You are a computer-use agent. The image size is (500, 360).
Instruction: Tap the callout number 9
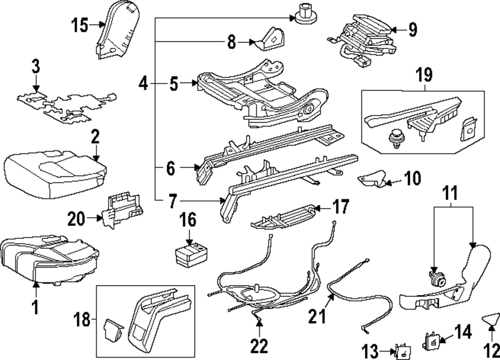click(411, 29)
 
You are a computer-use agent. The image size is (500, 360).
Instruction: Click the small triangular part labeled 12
click(492, 318)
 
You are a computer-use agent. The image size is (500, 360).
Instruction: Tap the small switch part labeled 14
click(431, 340)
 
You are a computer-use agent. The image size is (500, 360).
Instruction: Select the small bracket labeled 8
click(269, 38)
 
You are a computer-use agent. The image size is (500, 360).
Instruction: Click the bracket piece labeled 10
click(371, 177)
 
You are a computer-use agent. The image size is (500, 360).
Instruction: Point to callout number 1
click(35, 306)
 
